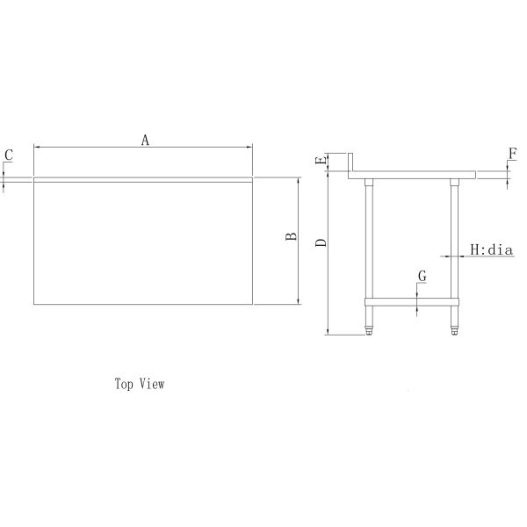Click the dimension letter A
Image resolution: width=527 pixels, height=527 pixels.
point(146,139)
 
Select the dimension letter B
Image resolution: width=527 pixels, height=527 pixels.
point(288,238)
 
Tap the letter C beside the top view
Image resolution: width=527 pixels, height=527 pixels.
point(9,155)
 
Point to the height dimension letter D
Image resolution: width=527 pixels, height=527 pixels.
point(321,241)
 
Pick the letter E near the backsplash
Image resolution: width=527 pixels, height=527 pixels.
point(321,161)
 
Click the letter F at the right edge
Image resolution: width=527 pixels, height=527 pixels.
point(512,155)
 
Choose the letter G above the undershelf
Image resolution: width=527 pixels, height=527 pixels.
point(422,276)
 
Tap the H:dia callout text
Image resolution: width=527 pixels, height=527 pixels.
point(491,249)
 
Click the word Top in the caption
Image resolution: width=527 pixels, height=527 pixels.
point(124,384)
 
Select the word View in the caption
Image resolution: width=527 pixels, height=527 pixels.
point(153,384)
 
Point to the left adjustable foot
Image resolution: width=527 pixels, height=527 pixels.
point(370,329)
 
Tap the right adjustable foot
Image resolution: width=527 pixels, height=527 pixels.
point(455,329)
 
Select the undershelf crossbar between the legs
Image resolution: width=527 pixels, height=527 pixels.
point(412,301)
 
